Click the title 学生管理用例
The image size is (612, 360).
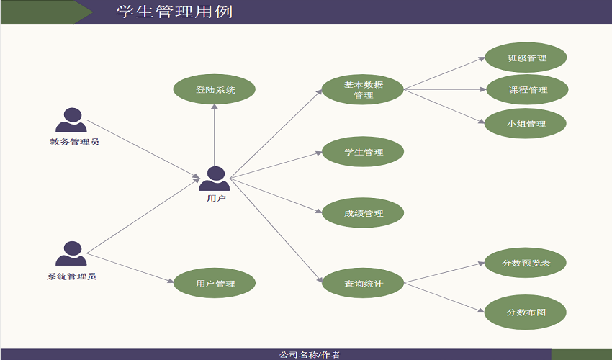tap(174, 12)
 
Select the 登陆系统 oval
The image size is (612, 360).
tap(215, 90)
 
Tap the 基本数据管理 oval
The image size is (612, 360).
tap(364, 90)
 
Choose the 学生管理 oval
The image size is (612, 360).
tap(364, 152)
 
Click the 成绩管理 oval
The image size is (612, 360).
tap(364, 214)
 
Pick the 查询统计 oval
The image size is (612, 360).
tap(364, 284)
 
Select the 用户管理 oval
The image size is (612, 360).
tap(215, 284)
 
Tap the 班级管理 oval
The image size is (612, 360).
tap(526, 58)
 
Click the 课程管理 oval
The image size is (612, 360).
tap(528, 90)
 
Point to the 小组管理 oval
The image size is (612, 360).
tap(526, 124)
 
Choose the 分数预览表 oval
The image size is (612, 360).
tap(526, 264)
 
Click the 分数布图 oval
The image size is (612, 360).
tap(526, 312)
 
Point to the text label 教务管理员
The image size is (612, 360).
tap(74, 142)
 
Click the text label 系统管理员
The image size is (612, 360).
tap(72, 276)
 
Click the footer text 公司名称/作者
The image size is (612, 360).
tap(310, 354)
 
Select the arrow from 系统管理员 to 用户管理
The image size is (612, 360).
tap(130, 269)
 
